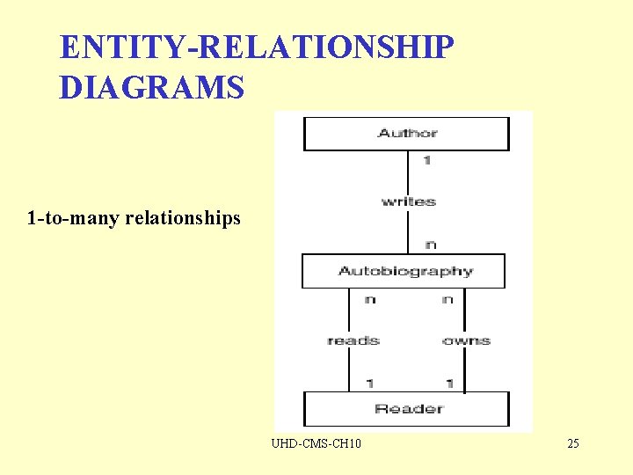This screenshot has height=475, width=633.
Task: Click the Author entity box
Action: (406, 134)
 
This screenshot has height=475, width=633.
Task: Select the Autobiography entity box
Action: (404, 271)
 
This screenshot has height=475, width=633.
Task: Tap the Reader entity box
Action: (406, 409)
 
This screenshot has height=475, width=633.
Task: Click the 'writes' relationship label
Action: (408, 201)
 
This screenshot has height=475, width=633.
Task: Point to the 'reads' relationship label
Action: (353, 340)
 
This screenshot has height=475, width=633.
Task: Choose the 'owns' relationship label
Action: (467, 340)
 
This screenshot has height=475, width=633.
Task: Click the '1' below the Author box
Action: (426, 161)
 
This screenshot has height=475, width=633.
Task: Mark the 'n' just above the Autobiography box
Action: (429, 244)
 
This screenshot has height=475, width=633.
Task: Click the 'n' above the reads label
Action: (369, 299)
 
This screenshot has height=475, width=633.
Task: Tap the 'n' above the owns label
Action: (447, 299)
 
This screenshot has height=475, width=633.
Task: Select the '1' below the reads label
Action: (369, 383)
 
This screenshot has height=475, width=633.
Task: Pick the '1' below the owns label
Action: (448, 383)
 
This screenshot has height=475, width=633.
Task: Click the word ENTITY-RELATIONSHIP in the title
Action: (257, 48)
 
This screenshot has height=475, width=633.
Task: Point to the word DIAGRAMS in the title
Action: (151, 88)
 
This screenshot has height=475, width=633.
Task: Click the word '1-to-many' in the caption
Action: (73, 217)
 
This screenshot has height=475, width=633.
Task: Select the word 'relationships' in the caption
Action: (183, 217)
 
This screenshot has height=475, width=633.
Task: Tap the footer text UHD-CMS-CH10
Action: (316, 443)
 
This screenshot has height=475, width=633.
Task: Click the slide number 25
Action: (573, 443)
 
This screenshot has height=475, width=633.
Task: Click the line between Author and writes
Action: (408, 172)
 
